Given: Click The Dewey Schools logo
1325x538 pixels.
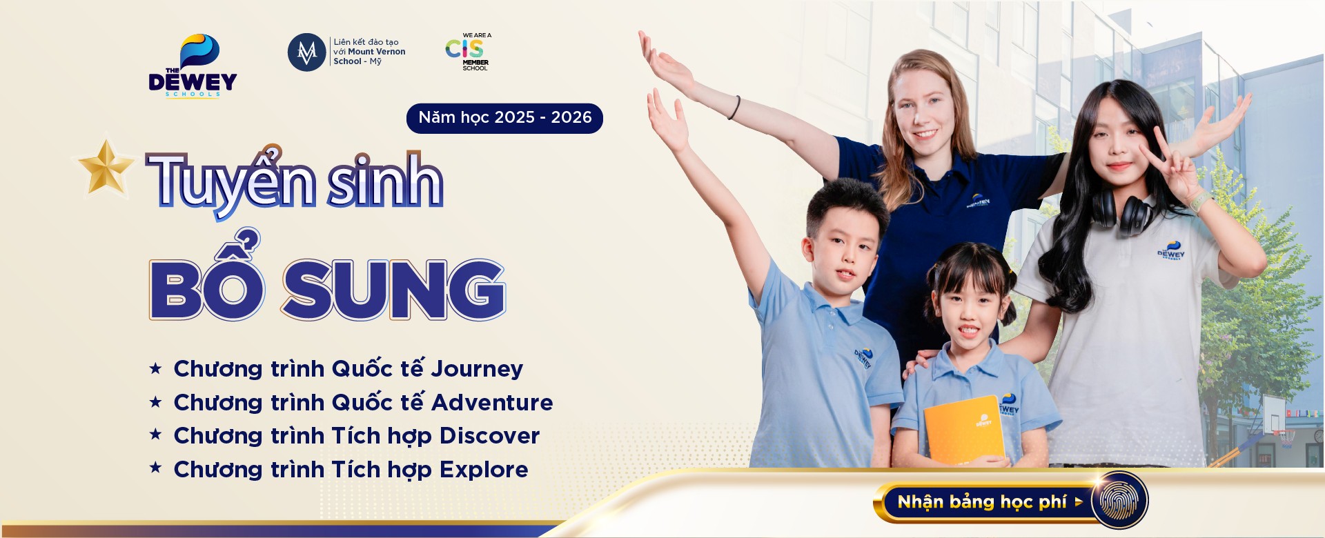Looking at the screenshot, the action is coord(193,66).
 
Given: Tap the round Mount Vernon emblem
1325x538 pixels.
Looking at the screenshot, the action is coord(306,52).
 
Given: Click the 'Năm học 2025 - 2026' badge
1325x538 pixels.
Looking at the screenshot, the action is coord(504,118).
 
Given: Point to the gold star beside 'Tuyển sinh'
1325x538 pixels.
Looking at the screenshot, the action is coord(106,168).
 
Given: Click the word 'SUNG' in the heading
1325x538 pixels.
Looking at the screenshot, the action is coord(393,290).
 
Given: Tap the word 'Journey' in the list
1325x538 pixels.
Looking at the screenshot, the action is coord(477,369).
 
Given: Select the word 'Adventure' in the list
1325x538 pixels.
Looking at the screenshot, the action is coord(492,402).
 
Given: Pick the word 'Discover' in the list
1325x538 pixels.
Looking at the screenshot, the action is coord(489,436).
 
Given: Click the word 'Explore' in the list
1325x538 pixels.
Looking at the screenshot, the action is coord(484,470).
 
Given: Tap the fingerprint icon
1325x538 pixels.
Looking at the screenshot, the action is coord(1119,501).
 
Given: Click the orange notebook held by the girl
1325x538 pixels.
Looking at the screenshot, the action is coord(965,430).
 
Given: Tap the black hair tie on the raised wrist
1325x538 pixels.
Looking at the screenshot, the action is coord(736,108).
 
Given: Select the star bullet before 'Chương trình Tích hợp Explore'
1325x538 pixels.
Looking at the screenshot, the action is coord(155,468).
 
